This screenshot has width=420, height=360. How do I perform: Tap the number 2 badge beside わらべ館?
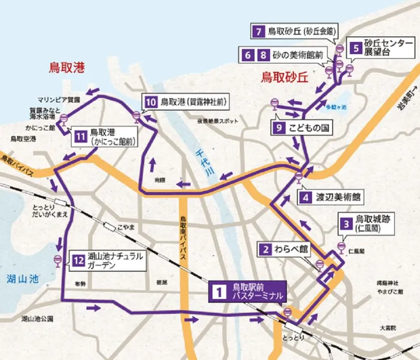[265, 249]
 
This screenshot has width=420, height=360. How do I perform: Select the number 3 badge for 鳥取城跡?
[345, 223]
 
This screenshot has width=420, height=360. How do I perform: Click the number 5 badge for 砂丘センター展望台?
[355, 48]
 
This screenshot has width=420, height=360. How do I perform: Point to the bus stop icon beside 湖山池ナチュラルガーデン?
[57, 260]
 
